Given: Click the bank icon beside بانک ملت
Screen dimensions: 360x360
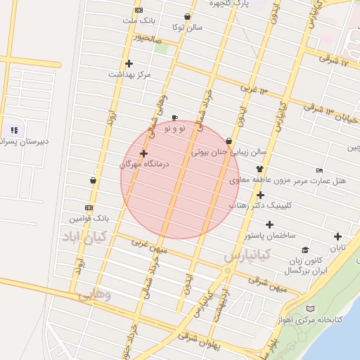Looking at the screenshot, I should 139,10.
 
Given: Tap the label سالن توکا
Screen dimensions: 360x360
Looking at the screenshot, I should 188,27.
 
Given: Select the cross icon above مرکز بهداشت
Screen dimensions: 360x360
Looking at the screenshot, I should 129,64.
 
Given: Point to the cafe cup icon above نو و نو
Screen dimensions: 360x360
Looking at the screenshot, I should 174,117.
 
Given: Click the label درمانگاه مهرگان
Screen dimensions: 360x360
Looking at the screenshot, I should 145,164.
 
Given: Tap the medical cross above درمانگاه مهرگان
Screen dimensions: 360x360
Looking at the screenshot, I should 144,153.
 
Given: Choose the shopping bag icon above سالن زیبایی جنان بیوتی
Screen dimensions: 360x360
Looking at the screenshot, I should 229,141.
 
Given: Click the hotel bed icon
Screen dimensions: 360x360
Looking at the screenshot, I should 320,170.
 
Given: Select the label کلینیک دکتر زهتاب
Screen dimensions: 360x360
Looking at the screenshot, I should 259,205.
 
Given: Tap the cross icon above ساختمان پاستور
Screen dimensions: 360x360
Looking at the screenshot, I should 260,195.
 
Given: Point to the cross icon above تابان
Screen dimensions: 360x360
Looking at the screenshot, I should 338,237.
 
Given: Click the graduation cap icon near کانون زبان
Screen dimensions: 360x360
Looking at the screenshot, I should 304,250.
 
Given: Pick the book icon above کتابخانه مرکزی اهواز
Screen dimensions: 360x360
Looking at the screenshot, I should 311,309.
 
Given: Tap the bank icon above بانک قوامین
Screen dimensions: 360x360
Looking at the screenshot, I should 88,207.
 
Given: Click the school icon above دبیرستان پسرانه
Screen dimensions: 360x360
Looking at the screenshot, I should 13,130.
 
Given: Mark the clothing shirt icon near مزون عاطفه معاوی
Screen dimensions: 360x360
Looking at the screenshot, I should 259,169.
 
